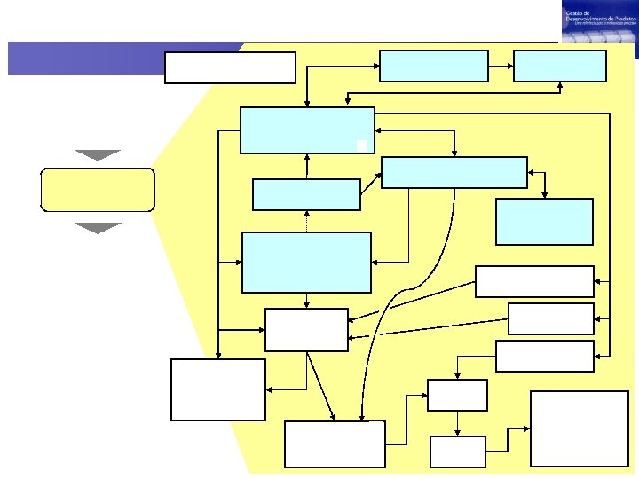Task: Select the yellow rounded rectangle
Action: tap(98, 189)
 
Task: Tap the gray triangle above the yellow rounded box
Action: tap(98, 154)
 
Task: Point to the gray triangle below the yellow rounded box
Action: tap(98, 228)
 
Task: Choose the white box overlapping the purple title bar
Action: tap(230, 67)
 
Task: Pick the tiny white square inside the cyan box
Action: tap(361, 145)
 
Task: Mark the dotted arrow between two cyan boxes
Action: tap(307, 222)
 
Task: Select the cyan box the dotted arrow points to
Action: tap(306, 194)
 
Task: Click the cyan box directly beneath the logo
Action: tap(560, 66)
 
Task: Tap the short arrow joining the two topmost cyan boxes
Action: tap(501, 66)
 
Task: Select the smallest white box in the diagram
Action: tap(458, 452)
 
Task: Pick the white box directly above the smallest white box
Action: tap(457, 395)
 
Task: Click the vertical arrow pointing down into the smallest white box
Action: tap(457, 423)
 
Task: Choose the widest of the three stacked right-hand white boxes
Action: tap(534, 281)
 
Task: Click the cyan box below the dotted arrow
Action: tap(306, 262)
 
